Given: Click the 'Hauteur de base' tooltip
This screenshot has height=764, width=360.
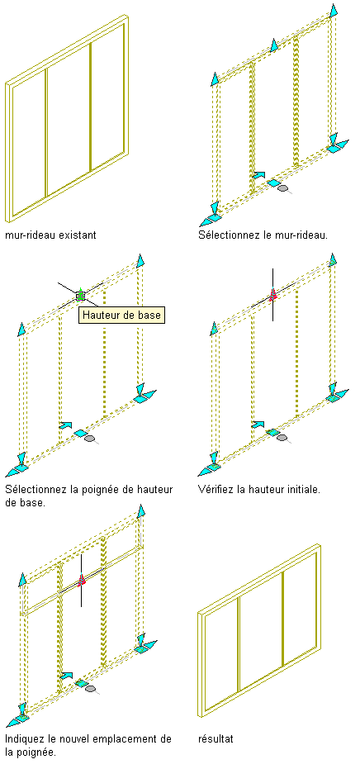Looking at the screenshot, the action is (x=121, y=315).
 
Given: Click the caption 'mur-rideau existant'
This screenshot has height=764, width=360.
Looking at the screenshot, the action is (x=50, y=235).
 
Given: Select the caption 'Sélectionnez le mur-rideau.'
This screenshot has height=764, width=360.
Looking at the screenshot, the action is (x=263, y=235).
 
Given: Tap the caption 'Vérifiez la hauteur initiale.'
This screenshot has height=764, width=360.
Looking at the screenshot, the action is (x=259, y=489).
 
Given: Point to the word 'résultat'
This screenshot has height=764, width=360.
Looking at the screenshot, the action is (x=216, y=738).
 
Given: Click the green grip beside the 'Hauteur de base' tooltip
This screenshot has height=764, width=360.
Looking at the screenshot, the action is (x=81, y=295).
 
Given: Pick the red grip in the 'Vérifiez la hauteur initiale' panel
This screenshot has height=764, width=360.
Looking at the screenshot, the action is (x=272, y=294).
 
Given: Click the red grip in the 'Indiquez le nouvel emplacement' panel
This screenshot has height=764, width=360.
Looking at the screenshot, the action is (x=82, y=579).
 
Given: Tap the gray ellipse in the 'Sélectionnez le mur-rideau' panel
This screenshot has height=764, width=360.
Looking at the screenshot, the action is (x=282, y=188).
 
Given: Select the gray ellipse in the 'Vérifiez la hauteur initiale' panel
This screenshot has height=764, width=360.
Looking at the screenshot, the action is (x=282, y=438).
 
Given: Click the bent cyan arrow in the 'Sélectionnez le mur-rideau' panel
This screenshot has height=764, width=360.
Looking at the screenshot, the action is (x=259, y=174).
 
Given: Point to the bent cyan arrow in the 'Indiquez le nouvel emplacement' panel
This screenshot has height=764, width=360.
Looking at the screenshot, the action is (x=66, y=676).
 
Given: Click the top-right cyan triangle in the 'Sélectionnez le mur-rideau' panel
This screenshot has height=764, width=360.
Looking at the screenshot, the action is (x=334, y=10).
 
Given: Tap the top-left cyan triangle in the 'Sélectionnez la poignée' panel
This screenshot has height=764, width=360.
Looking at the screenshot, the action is (x=21, y=329).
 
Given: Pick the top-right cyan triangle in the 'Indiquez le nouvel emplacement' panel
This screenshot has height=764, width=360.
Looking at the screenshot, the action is (x=141, y=510).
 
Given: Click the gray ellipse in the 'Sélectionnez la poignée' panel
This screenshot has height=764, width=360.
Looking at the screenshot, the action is (x=89, y=439).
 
